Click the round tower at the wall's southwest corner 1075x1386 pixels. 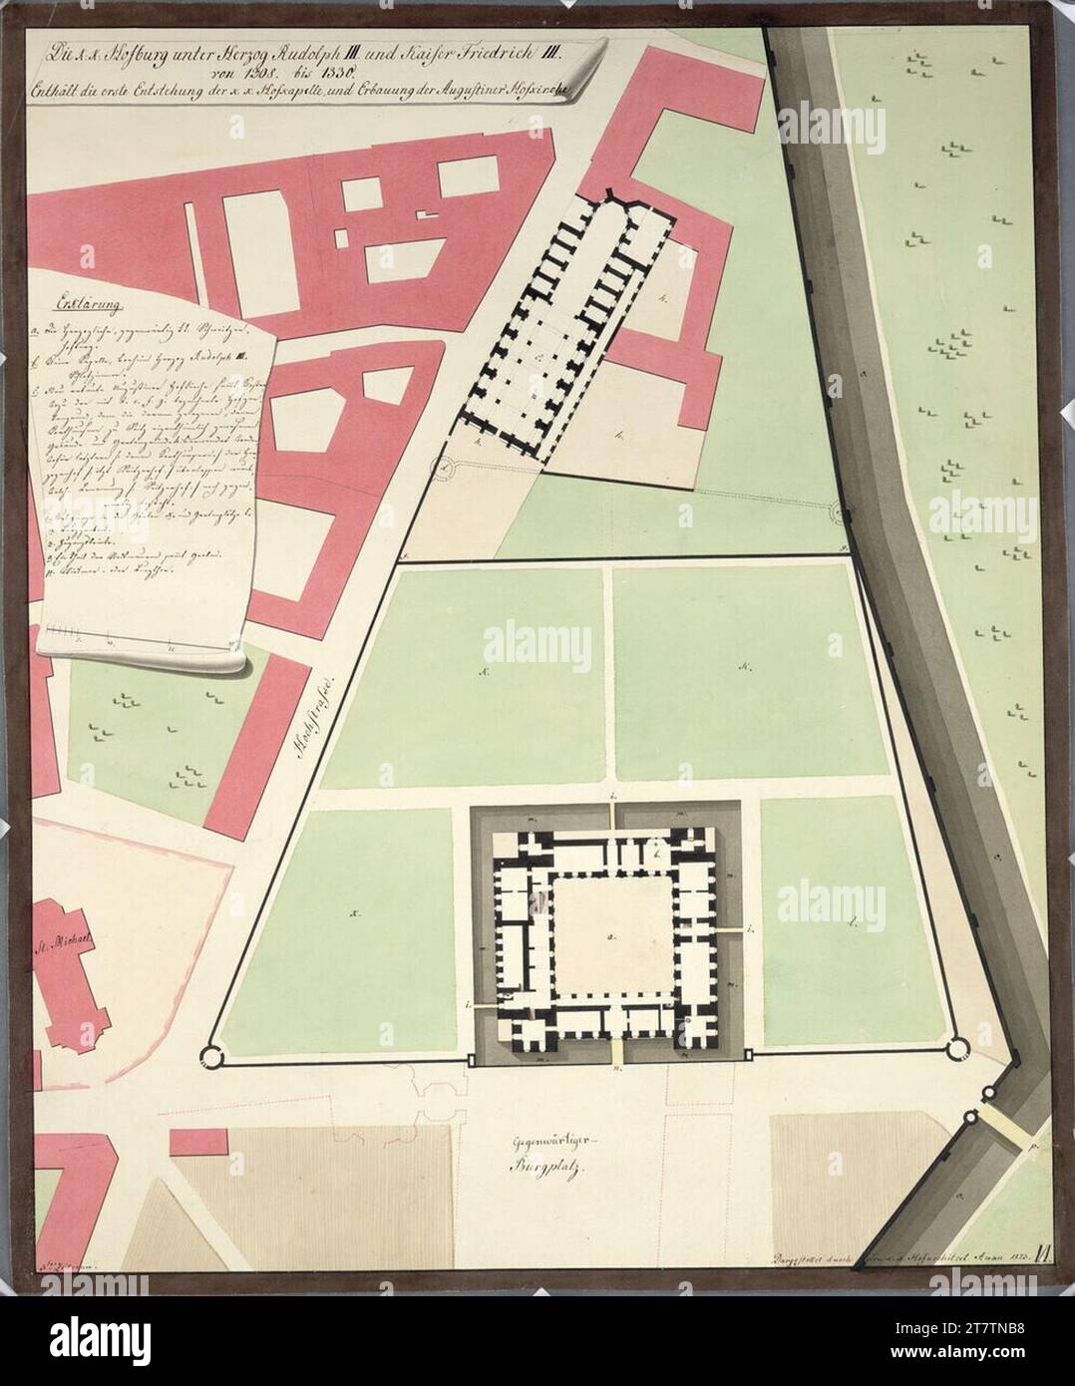(212, 1054)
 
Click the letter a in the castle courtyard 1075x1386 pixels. (609, 937)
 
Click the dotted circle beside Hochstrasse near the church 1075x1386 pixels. (444, 467)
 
